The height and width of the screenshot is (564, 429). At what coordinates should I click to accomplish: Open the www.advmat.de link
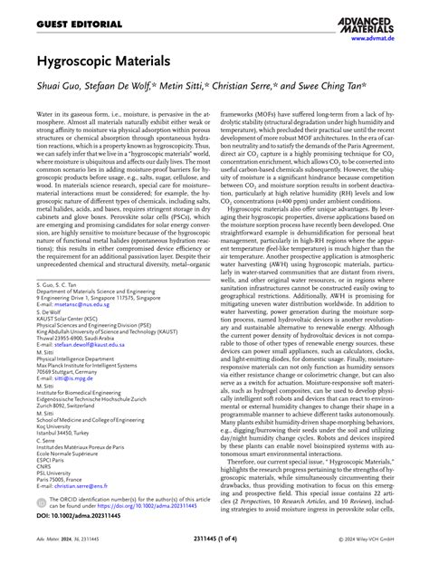click(x=369, y=39)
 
